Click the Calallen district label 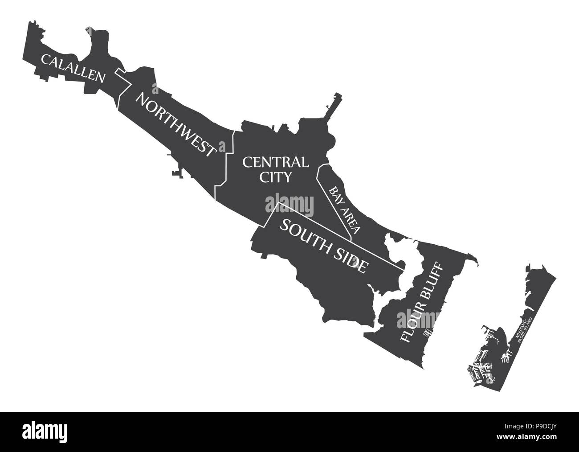tap(73, 68)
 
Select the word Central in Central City tap(275, 161)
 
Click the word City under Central tap(275, 177)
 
